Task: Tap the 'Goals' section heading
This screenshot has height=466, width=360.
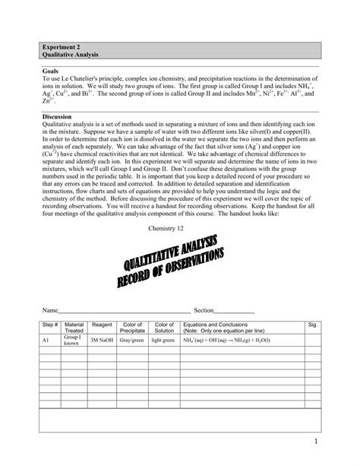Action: pyautogui.click(x=51, y=71)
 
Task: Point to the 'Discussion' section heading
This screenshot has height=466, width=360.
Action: pyautogui.click(x=58, y=116)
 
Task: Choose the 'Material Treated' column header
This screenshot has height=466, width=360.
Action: pyautogui.click(x=74, y=328)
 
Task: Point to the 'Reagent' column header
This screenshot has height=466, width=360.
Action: pyautogui.click(x=102, y=325)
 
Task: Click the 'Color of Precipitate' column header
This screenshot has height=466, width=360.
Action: pyautogui.click(x=133, y=328)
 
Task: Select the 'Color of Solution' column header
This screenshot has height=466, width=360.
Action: pyautogui.click(x=164, y=328)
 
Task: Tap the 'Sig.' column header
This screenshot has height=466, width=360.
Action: pyautogui.click(x=312, y=325)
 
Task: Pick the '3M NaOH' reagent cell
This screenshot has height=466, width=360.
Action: pyautogui.click(x=102, y=341)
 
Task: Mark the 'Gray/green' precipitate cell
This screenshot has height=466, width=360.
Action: pyautogui.click(x=133, y=341)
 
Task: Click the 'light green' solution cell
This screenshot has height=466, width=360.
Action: pyautogui.click(x=164, y=341)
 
